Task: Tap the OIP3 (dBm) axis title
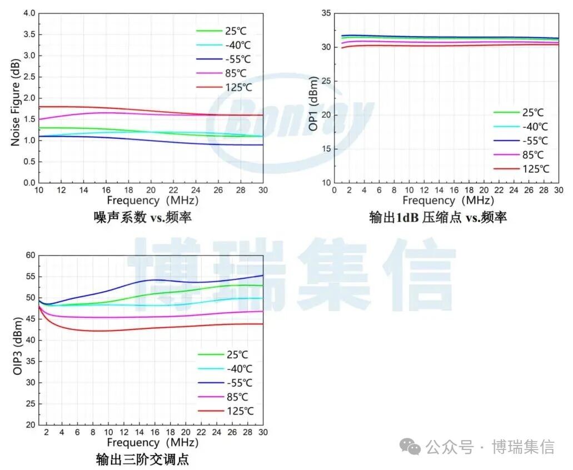17,339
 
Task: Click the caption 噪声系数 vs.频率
142,217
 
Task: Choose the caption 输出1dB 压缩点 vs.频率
438,217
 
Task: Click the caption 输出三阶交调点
142,459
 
